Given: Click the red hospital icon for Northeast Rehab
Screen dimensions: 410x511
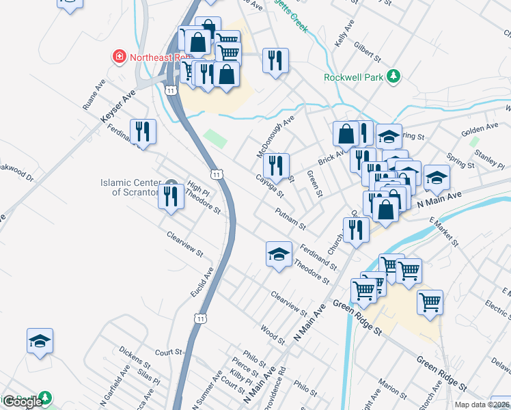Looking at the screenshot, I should pyautogui.click(x=120, y=56).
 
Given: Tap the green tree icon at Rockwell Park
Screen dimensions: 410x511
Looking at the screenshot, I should pyautogui.click(x=393, y=77).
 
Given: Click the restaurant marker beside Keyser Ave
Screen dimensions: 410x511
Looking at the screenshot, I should pyautogui.click(x=143, y=130).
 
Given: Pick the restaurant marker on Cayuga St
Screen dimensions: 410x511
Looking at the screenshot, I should pyautogui.click(x=276, y=165).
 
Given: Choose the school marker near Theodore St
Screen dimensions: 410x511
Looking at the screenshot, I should pyautogui.click(x=278, y=254).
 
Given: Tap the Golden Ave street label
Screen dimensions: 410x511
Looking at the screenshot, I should pyautogui.click(x=480, y=128).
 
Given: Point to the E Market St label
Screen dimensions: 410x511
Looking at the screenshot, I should pyautogui.click(x=443, y=231).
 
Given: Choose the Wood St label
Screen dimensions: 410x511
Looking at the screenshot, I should pyautogui.click(x=273, y=333).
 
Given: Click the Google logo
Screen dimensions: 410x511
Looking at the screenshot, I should pyautogui.click(x=22, y=402).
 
